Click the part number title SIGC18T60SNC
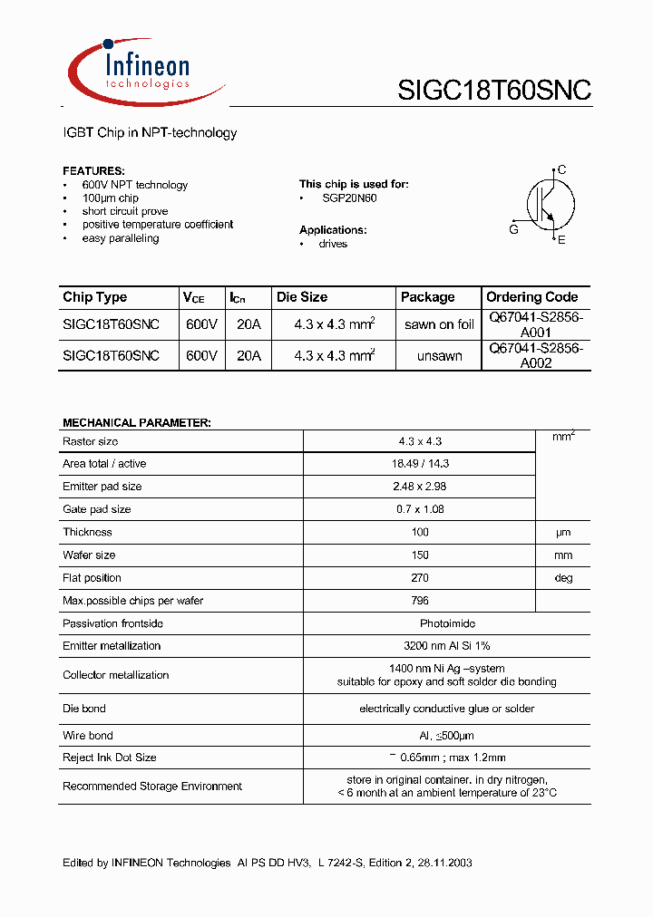494,90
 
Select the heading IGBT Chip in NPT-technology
150,133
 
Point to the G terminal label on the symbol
513,230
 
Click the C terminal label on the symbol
562,169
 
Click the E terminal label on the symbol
561,240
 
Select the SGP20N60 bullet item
349,198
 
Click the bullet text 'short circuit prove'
125,211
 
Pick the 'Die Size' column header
302,297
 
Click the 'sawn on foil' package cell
439,324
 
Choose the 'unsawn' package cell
439,356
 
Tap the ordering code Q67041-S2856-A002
536,355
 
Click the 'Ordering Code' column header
531,297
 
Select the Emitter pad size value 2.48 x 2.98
420,487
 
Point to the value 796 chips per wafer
420,601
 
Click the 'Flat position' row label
92,578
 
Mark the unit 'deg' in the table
563,578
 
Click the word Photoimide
447,623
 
